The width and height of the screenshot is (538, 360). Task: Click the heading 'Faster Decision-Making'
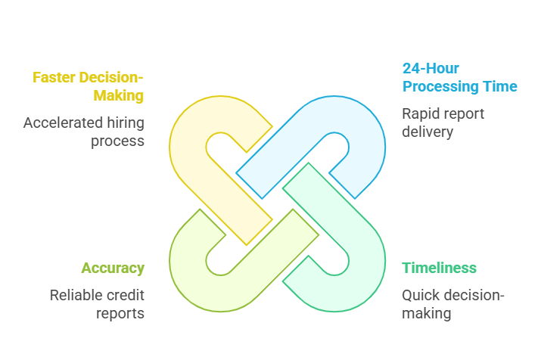click(88, 86)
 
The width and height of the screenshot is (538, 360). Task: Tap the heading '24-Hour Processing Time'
click(459, 77)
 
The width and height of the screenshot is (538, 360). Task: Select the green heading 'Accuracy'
click(113, 268)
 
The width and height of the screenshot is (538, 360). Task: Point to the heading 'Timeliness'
click(439, 268)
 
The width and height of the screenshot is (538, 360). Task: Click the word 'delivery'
click(428, 132)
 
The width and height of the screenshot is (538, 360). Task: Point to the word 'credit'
click(126, 295)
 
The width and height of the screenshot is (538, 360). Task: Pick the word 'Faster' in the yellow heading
click(58, 77)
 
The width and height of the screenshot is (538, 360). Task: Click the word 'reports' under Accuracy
click(120, 313)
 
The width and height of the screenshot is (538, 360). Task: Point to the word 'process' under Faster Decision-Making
click(120, 141)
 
